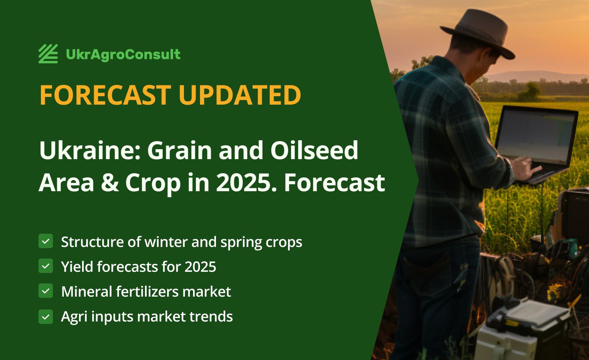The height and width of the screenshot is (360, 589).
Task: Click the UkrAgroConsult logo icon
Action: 48,54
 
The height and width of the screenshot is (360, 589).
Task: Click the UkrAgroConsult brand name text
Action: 123,55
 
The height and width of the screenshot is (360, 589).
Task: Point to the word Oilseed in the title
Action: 314,150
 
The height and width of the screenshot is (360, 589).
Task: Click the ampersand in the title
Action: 110,182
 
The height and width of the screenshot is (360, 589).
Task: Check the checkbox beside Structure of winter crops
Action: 46,241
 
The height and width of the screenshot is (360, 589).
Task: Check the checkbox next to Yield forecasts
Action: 46,266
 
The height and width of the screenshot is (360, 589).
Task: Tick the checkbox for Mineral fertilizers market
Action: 46,291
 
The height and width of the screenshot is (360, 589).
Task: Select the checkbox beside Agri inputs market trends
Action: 46,317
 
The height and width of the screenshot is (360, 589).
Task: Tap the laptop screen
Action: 536,136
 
